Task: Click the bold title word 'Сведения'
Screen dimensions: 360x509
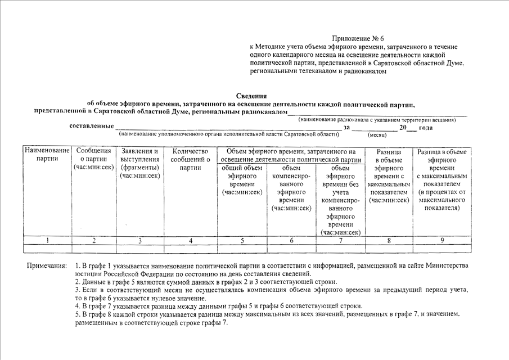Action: (251, 96)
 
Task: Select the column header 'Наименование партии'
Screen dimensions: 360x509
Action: (47, 155)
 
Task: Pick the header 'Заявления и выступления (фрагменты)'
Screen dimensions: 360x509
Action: (140, 163)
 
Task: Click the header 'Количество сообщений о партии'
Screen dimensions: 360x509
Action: (191, 159)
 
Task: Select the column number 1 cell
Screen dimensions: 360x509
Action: (47, 241)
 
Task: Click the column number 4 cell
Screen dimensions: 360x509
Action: (191, 241)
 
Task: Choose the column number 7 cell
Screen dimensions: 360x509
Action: (340, 241)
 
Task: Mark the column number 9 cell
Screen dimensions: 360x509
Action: (442, 241)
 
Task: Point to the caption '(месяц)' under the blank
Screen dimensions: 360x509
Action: (377, 136)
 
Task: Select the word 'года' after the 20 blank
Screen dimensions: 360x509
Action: (426, 128)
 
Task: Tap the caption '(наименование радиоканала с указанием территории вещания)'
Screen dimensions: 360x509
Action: (377, 120)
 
